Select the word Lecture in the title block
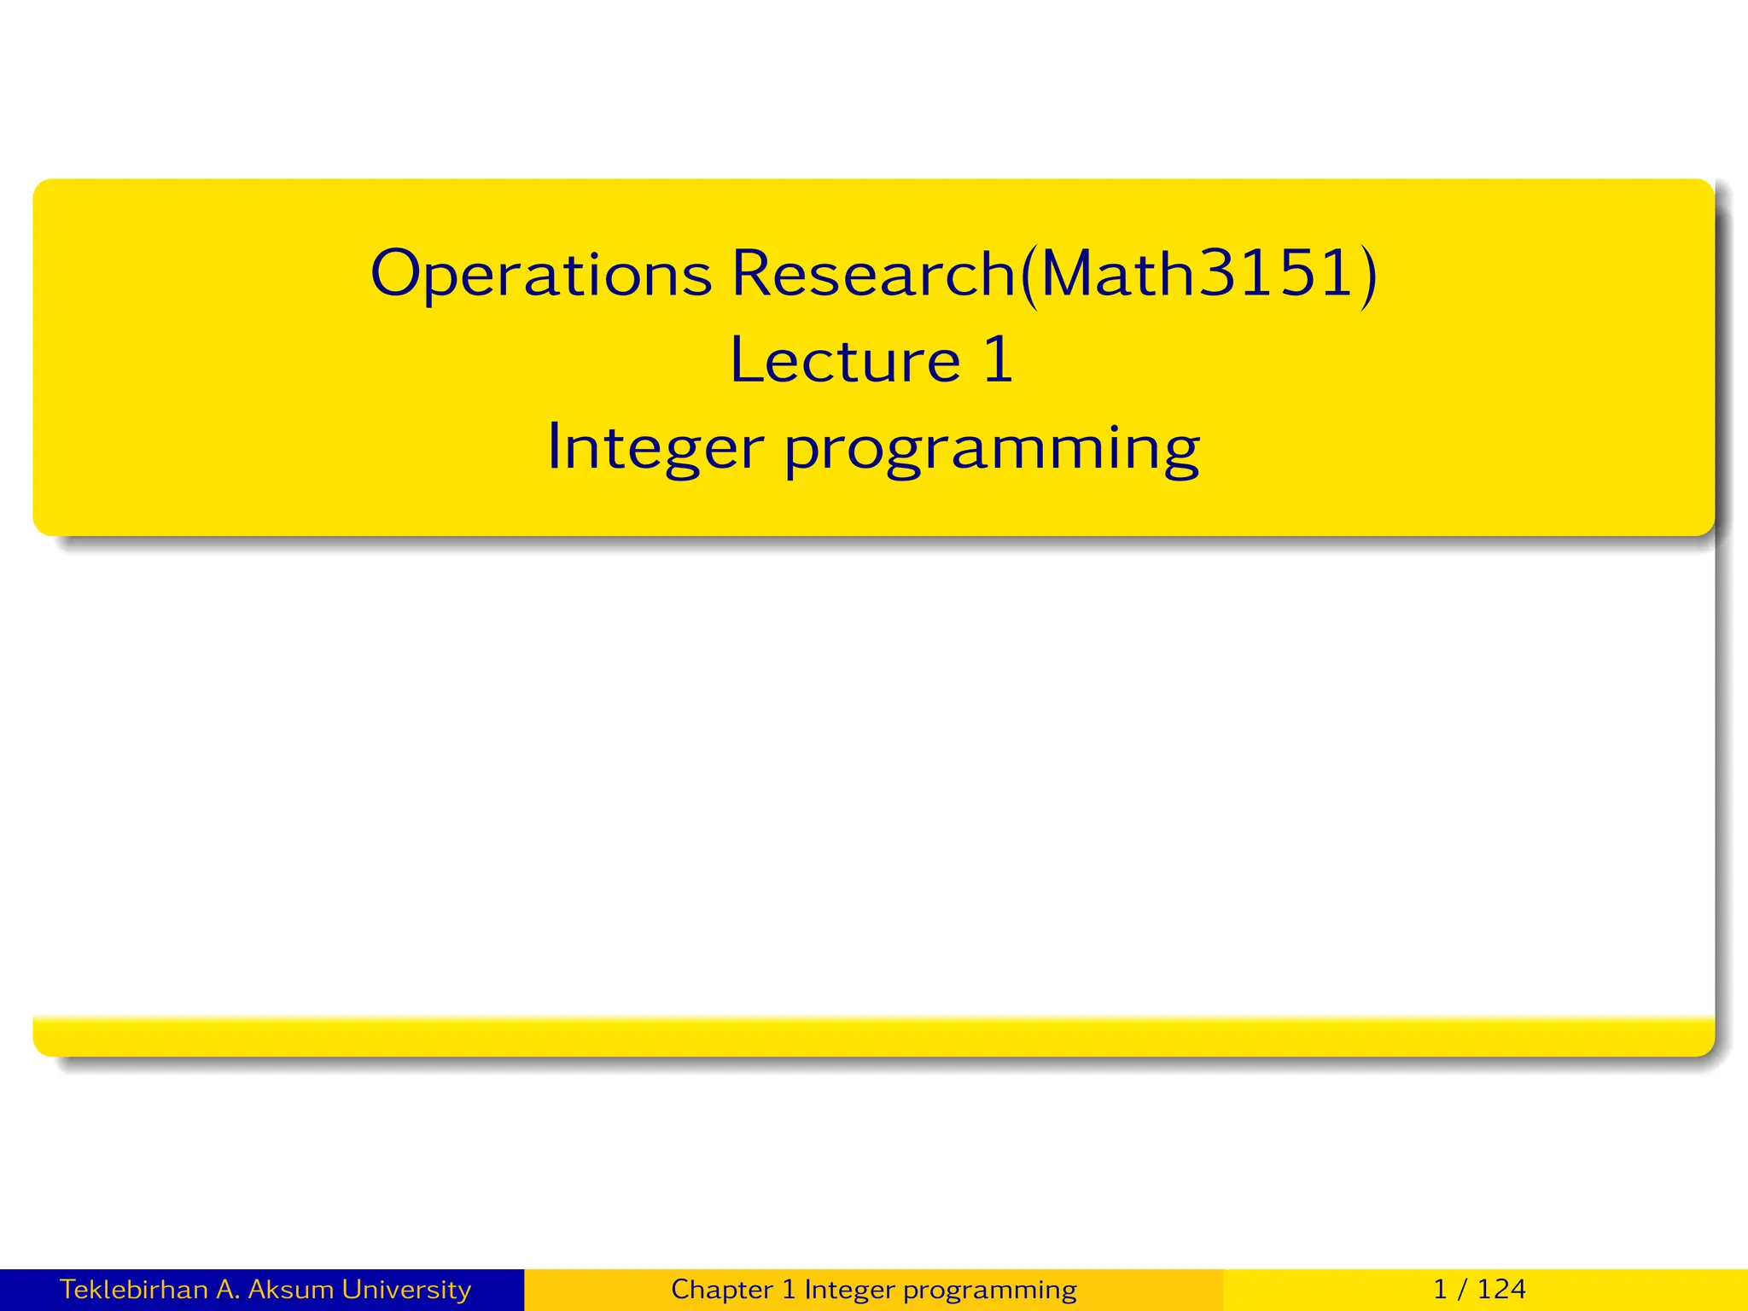845,360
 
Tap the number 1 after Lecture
999,359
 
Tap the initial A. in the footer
228,1289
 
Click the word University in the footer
406,1289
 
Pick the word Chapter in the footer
722,1289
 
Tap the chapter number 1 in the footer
788,1289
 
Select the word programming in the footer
989,1290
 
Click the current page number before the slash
1441,1289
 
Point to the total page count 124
1501,1289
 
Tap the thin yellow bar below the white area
873,1036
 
